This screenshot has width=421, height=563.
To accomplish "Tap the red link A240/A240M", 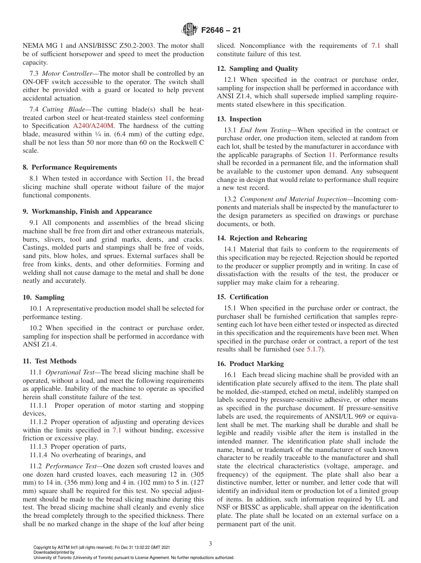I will (93, 126).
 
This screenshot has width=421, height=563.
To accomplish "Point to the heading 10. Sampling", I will (43, 297).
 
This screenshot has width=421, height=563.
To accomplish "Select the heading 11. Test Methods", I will (49, 361).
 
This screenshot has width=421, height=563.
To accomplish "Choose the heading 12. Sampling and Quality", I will (257, 69).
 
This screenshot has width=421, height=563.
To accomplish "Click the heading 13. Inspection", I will (239, 119).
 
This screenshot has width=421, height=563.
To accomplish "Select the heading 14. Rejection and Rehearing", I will (261, 238).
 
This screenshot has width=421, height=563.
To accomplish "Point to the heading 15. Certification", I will (242, 297).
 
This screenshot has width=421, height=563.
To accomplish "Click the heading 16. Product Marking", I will (250, 364).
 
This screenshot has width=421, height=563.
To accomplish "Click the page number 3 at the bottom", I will (210, 544).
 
